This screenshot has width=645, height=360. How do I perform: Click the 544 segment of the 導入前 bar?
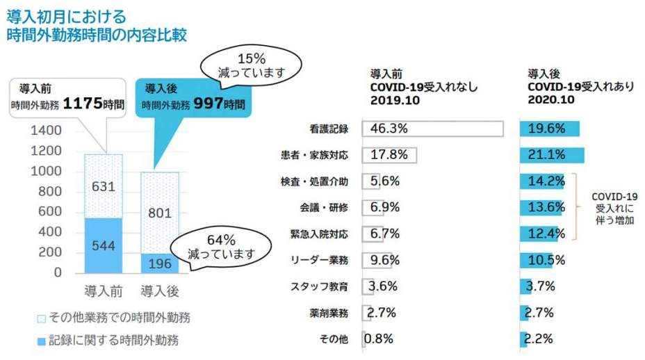pos(102,244)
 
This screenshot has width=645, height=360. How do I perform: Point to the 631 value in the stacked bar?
pos(102,186)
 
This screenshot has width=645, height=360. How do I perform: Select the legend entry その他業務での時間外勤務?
pos(114,318)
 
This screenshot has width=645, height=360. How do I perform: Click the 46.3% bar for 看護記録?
pos(432,129)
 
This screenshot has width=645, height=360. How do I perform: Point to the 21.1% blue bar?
pos(552,155)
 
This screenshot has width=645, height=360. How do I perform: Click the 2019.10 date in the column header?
pos(391,99)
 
